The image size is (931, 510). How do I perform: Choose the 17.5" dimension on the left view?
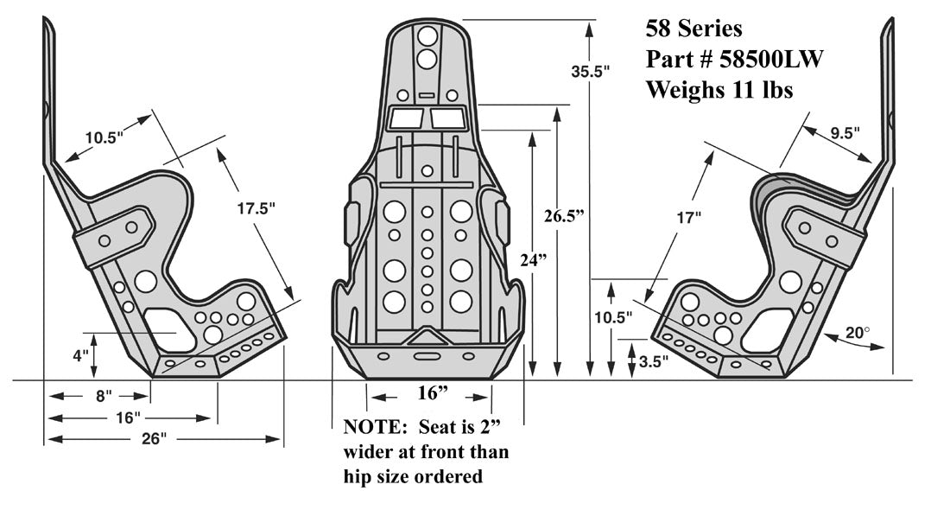[256, 207]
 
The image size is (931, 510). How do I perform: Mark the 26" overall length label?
[153, 438]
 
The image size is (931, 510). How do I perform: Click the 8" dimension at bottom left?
[104, 396]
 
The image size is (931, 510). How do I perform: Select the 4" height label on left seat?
[80, 354]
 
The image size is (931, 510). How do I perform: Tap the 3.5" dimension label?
[655, 362]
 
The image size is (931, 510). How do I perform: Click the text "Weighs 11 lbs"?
[719, 88]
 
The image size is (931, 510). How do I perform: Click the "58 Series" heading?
[693, 28]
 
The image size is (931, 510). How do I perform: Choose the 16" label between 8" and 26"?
[127, 418]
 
